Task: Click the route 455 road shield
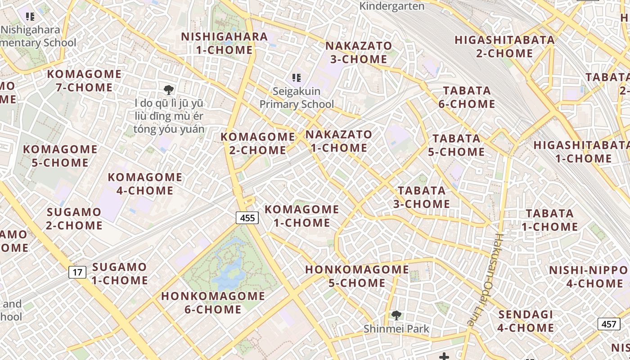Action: (x=247, y=218)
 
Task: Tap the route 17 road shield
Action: (x=77, y=272)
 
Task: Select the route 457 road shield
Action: (x=609, y=324)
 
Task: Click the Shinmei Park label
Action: (x=396, y=329)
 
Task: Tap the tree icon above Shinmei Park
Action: (x=396, y=315)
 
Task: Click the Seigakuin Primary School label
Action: (x=297, y=98)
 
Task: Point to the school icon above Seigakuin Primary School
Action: (x=296, y=78)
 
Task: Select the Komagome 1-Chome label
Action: (x=301, y=216)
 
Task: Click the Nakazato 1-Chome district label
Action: (x=339, y=141)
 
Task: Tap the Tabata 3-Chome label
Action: (x=422, y=197)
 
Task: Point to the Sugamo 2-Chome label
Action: (x=74, y=218)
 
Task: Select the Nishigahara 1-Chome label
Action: (x=224, y=43)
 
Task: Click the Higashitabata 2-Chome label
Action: (x=504, y=46)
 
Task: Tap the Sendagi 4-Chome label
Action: (x=526, y=321)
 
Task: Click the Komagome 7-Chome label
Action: (x=84, y=80)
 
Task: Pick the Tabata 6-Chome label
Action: (x=467, y=97)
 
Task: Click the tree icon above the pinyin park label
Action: (x=169, y=89)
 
